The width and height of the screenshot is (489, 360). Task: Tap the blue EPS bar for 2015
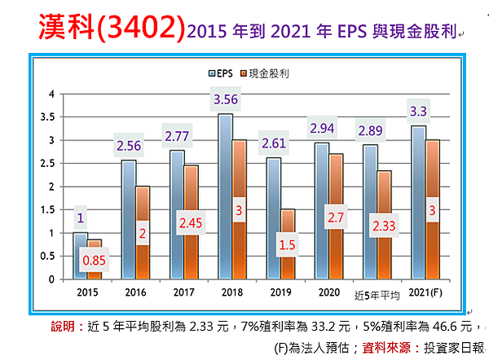coord(80,256)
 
